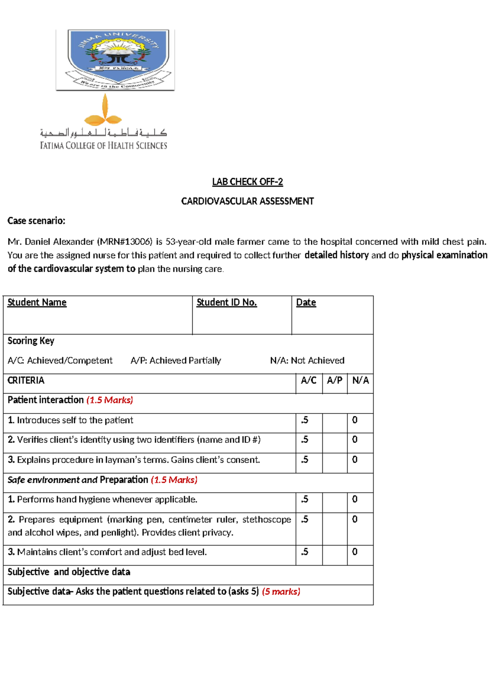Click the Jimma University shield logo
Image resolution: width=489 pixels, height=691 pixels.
(115, 59)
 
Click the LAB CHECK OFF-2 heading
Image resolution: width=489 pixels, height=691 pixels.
(247, 182)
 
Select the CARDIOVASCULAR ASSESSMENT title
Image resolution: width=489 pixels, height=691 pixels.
(247, 201)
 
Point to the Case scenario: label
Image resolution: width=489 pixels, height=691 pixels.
(36, 221)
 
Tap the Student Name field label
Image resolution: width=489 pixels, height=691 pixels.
(37, 302)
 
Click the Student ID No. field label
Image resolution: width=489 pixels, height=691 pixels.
(227, 302)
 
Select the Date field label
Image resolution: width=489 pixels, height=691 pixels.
(306, 302)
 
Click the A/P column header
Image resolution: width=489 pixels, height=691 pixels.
(335, 380)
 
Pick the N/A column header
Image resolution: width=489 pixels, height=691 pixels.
(360, 380)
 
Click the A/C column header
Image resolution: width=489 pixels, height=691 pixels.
(308, 380)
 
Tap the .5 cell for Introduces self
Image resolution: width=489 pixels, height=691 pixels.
(305, 420)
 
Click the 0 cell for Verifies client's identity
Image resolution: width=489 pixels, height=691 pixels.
(355, 440)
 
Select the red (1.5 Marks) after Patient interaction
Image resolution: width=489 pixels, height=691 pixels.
(110, 400)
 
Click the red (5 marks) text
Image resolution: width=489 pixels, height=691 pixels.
(281, 592)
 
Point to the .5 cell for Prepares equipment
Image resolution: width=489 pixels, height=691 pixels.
(305, 519)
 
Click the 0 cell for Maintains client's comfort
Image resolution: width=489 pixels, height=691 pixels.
(355, 552)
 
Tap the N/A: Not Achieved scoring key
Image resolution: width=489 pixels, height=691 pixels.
(307, 361)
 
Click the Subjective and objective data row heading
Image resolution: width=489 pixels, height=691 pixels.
(69, 572)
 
